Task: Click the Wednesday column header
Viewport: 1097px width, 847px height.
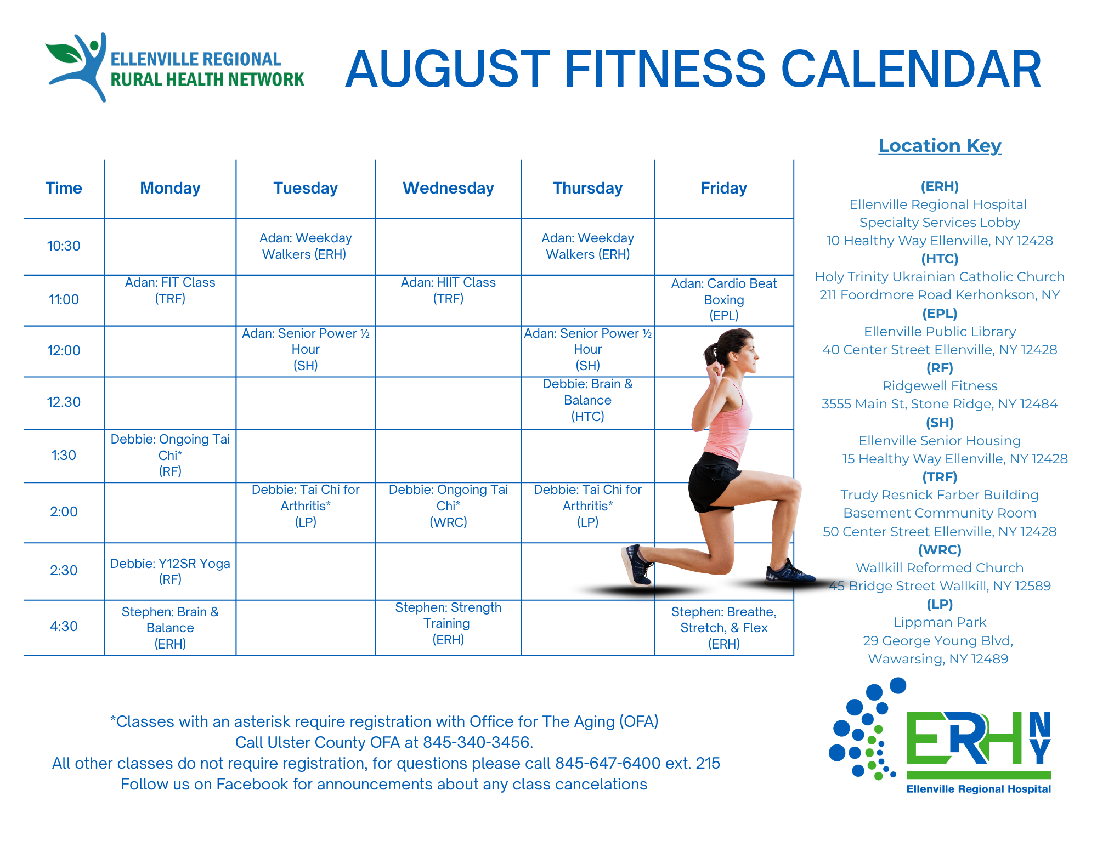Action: (448, 188)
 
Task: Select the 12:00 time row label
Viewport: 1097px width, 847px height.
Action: (64, 350)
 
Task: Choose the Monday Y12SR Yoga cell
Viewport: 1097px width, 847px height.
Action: (170, 571)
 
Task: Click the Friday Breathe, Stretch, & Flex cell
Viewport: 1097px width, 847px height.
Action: (724, 628)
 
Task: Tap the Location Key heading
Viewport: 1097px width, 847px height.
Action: (940, 146)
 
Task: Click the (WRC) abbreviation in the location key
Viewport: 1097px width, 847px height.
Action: (940, 549)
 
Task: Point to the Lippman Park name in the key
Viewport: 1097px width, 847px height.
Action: (940, 622)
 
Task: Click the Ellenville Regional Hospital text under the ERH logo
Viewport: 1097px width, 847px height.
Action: (979, 789)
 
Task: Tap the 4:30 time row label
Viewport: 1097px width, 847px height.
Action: (64, 626)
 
